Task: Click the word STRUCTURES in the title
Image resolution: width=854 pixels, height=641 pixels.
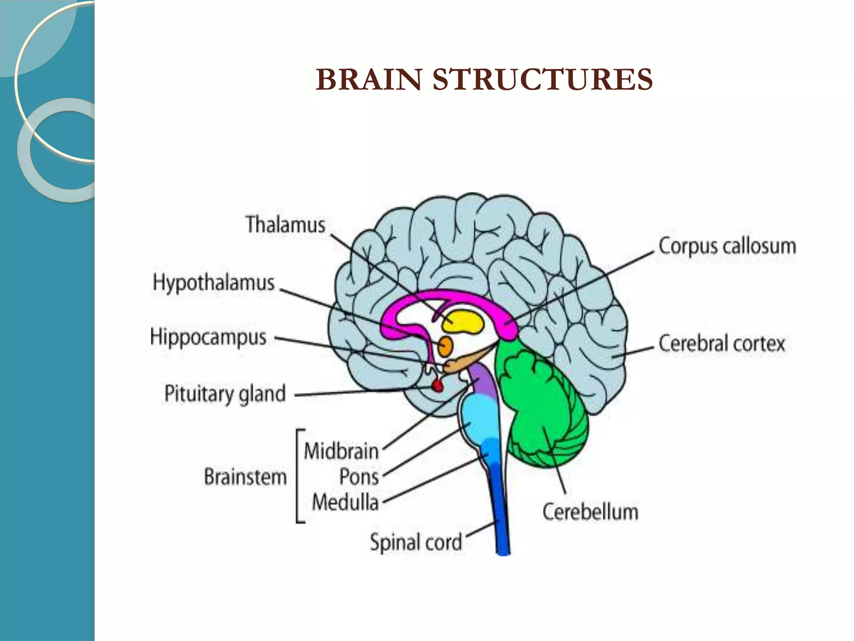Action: coord(542,80)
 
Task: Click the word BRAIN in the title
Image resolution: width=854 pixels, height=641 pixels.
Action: coord(369,80)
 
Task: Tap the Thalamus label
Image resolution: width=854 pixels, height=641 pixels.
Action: coord(285,225)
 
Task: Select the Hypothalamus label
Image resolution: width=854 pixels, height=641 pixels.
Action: coord(213,283)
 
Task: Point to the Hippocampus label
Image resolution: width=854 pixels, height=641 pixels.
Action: coord(208,337)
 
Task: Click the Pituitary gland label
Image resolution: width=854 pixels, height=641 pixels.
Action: coord(225,394)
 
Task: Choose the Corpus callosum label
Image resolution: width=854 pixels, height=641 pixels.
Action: coord(727,246)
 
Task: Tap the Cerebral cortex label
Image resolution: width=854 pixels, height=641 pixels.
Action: coord(721,344)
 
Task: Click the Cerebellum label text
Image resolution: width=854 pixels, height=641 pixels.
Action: coord(590,512)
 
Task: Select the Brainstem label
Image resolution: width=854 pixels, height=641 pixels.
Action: coord(245,477)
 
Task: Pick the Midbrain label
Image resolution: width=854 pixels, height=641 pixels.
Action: coord(341,452)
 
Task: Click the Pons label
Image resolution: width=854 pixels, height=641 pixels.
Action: coord(359,477)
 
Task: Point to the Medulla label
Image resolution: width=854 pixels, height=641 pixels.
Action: coord(345,502)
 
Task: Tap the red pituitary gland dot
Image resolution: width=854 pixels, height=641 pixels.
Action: coord(437,386)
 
